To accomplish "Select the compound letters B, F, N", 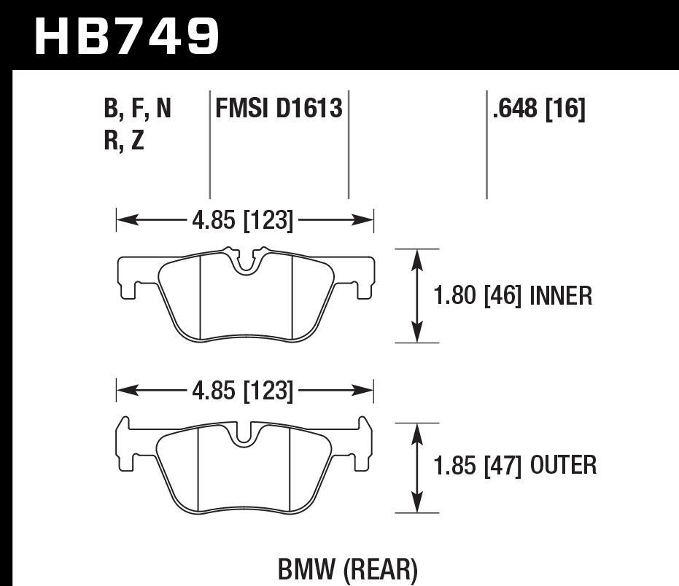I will [x=138, y=109].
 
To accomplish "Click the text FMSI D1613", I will [x=279, y=109].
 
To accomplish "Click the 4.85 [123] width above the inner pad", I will [x=243, y=220].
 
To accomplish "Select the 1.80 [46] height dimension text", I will [x=478, y=296].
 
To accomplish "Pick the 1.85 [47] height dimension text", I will [x=478, y=464].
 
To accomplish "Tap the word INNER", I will [x=562, y=296].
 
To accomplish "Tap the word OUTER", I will [x=564, y=464].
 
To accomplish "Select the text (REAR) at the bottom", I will [x=381, y=569].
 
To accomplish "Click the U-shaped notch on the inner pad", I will [x=246, y=264].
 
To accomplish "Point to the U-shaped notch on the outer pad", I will [x=246, y=434].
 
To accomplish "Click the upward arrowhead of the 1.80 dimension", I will [x=416, y=256].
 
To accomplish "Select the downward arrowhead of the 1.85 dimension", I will [x=416, y=507].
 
